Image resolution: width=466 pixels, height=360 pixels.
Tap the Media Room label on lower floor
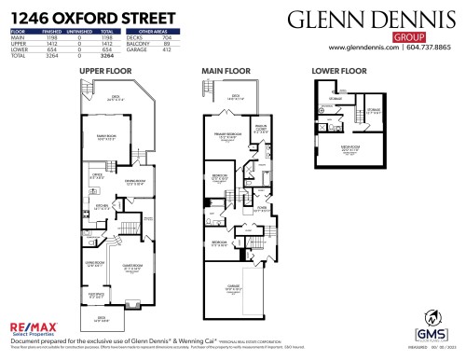(x=350, y=148)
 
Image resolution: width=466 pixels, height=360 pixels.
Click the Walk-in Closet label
(x=261, y=130)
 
